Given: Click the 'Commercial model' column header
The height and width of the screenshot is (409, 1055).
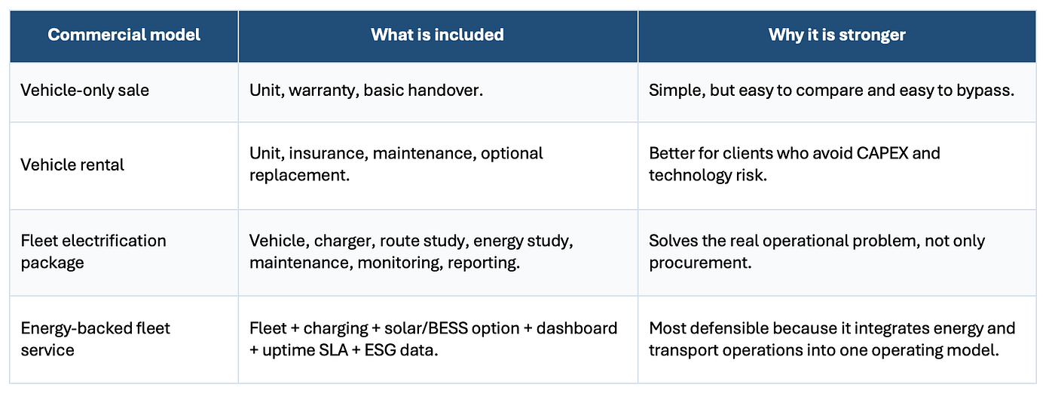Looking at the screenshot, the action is pyautogui.click(x=124, y=35).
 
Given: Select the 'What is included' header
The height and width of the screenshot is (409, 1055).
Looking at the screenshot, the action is pyautogui.click(x=437, y=35).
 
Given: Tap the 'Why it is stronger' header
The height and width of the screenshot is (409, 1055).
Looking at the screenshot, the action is pyautogui.click(x=837, y=35).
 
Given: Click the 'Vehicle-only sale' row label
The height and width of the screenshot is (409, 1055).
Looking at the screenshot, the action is pyautogui.click(x=84, y=90).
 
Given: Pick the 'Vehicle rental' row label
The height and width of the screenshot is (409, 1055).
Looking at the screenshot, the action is pyautogui.click(x=72, y=165).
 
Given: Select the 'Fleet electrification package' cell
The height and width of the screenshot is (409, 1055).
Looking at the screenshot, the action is pyautogui.click(x=93, y=251).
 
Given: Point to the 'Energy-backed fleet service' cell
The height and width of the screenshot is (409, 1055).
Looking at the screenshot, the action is pyautogui.click(x=95, y=339).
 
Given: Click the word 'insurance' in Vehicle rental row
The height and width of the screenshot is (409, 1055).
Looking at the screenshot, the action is pyautogui.click(x=328, y=154).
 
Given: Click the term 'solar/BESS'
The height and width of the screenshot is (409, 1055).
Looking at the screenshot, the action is pyautogui.click(x=427, y=328).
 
